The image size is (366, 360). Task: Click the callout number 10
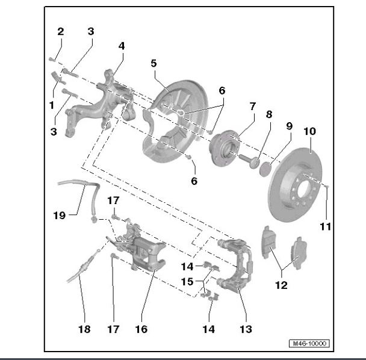pos(309,131)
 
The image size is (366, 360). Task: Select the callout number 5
pos(154,63)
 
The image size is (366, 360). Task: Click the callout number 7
pos(252,107)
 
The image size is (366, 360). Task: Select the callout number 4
pos(122,46)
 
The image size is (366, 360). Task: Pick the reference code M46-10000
pos(309,344)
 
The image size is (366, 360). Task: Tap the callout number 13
pos(245,329)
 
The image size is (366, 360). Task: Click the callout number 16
pos(141,329)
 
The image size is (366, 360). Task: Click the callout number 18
pos(84,329)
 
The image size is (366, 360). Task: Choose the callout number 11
pos(326,227)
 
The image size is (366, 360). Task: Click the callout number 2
pos(60,31)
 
